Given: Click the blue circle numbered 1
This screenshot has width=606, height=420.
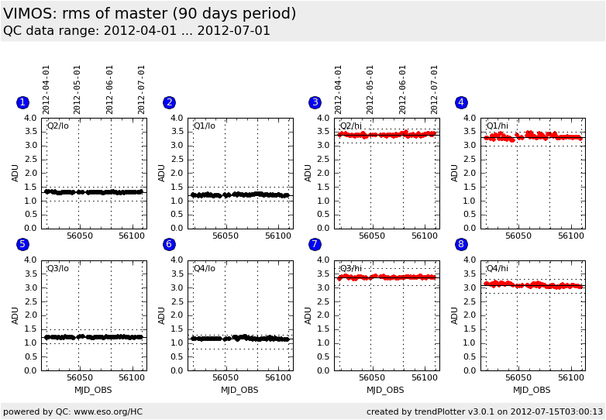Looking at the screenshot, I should click(x=22, y=102).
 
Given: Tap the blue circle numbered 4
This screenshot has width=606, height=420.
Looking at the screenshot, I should click(x=461, y=102).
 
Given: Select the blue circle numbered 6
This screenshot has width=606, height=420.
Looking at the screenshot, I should click(x=169, y=244).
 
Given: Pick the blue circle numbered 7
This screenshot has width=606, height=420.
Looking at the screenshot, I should click(x=315, y=244).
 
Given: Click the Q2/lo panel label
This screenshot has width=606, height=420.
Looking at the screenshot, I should click(x=57, y=126).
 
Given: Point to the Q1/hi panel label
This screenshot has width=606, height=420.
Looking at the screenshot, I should click(x=497, y=126).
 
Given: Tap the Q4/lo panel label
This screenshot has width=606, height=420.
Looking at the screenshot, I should click(x=204, y=268).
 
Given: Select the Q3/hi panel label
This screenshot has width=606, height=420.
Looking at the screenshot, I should click(x=350, y=268).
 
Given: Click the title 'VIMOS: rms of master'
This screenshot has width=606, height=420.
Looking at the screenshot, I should click(x=150, y=14).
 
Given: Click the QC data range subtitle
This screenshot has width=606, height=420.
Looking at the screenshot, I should click(x=136, y=31).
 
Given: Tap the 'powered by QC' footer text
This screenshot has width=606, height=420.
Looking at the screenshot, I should click(x=73, y=411).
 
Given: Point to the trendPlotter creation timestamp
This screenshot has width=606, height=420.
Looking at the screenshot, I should click(x=484, y=411).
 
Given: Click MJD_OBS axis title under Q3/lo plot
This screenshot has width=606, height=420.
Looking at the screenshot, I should click(x=93, y=390).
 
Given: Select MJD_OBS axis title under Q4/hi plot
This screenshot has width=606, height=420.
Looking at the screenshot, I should click(x=532, y=390).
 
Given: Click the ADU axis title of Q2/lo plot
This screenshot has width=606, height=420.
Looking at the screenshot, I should click(x=15, y=173).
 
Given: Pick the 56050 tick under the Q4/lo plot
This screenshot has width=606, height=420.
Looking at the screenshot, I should click(x=226, y=377).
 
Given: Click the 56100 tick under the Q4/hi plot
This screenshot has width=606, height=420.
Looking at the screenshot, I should click(x=570, y=377).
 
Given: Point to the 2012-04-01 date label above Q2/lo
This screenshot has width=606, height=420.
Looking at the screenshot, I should click(x=46, y=89).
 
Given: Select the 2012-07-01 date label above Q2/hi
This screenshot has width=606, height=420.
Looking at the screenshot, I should click(x=435, y=89).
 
